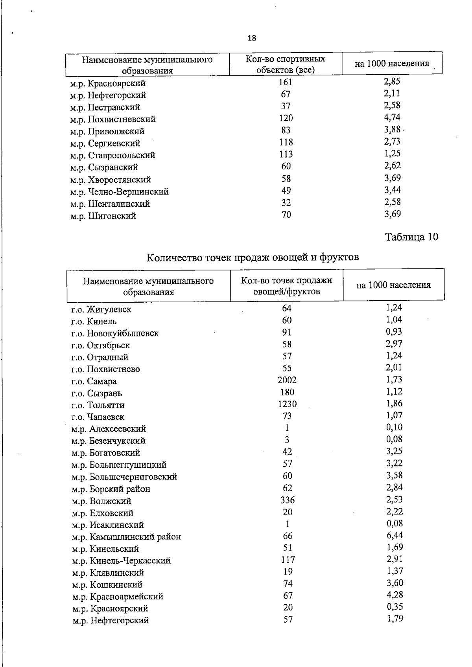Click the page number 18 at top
252,38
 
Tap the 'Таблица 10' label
411,237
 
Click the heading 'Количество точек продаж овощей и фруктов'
253,257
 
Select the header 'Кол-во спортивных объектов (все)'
286,64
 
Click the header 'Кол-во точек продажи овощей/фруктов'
287,286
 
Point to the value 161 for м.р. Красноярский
286,82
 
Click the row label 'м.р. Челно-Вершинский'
120,192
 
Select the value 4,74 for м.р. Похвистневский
392,118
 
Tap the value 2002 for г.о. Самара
287,380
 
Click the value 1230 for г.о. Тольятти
287,404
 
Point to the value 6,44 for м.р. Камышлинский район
395,535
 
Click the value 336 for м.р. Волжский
288,500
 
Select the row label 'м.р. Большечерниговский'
124,477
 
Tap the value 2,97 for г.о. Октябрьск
394,344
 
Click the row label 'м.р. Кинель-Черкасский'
121,561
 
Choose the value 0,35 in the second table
395,607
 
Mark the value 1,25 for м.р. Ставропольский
392,154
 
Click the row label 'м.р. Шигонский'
103,216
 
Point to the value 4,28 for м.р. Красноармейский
395,595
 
